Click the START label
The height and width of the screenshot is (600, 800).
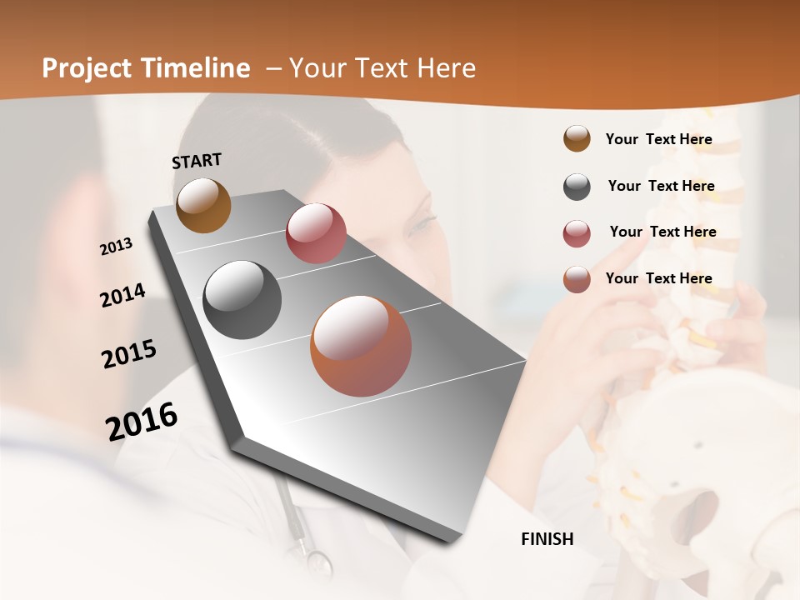pos(197,161)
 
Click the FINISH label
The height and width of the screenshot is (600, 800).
pos(547,539)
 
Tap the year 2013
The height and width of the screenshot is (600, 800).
pos(117,246)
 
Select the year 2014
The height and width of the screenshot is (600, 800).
pos(122,295)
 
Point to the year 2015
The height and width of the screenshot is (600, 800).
pos(129,353)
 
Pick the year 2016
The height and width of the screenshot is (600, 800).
pos(142,421)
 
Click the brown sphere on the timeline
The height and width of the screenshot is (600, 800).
pos(203,205)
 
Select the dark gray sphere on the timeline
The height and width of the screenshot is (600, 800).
pos(242,300)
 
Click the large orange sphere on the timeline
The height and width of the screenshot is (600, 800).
pos(361,346)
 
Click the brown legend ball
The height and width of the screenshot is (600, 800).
pos(577,138)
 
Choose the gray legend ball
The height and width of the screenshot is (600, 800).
pos(577,187)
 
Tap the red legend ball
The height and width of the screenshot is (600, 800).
pos(577,233)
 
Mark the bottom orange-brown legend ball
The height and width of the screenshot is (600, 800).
pos(577,279)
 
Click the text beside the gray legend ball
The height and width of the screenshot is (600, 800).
pos(661,186)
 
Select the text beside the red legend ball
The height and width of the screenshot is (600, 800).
pos(662,232)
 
